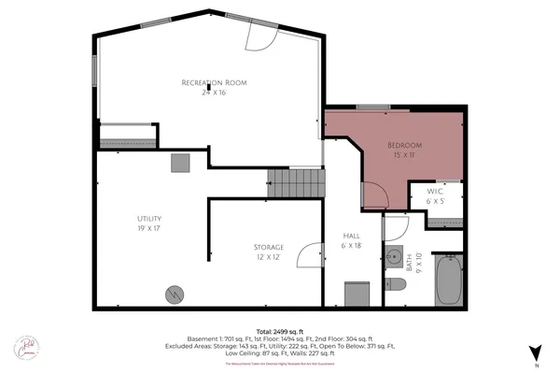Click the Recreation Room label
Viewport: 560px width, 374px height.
tap(213, 83)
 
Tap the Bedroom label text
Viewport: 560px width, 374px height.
tap(406, 145)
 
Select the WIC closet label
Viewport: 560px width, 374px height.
tap(436, 192)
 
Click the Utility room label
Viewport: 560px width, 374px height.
tap(149, 219)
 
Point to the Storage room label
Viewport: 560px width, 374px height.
tap(268, 247)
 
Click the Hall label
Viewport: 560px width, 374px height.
tap(352, 236)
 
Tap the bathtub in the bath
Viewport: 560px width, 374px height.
tap(447, 280)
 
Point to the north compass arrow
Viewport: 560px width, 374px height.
tap(535, 353)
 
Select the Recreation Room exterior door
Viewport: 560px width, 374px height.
tap(257, 36)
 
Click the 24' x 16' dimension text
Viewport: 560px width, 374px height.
tap(214, 93)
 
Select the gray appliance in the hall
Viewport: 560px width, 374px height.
tap(357, 294)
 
